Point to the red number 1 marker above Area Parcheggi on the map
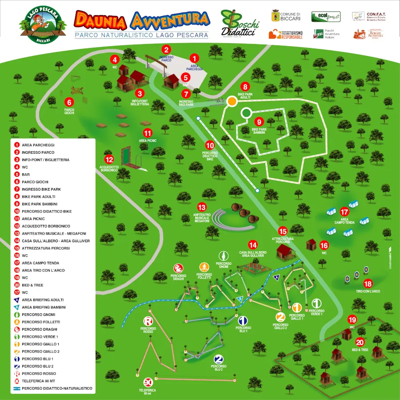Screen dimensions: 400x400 [194, 58]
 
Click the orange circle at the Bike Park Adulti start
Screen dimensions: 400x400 [232, 101]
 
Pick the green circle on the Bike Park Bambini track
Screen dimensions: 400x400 [246, 113]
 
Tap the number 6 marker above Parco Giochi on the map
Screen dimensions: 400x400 [69, 102]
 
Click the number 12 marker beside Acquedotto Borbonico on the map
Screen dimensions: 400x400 [109, 159]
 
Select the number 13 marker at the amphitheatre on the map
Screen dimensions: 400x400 [202, 208]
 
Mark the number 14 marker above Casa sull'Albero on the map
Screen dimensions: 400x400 [252, 245]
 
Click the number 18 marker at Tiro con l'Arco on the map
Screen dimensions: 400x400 [368, 283]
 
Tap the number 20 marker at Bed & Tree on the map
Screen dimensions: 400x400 [360, 342]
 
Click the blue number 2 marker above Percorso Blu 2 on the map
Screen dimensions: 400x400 [218, 359]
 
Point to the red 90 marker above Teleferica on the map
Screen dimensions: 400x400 [148, 382]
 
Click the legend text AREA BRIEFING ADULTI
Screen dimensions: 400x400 [43, 300]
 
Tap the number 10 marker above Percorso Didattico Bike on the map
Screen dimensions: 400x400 [210, 145]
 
